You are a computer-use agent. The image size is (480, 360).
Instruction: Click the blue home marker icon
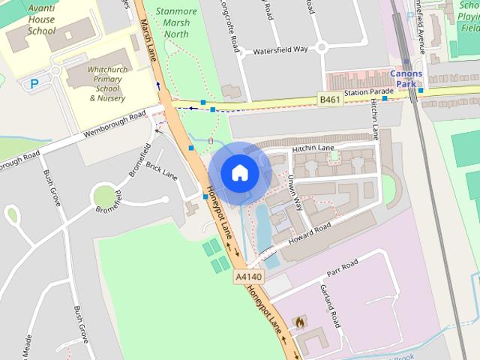(x=239, y=173)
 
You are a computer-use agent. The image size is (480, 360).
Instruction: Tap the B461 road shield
(x=331, y=100)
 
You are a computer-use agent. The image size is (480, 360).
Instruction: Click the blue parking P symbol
(x=34, y=84)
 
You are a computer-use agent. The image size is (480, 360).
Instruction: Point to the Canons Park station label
(x=406, y=79)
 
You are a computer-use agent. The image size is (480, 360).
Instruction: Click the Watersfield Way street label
(x=280, y=49)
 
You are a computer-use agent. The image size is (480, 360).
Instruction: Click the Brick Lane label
(x=162, y=171)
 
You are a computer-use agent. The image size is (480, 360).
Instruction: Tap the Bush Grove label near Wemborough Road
(x=52, y=188)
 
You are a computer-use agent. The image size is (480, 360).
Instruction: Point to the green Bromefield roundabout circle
(x=103, y=197)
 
